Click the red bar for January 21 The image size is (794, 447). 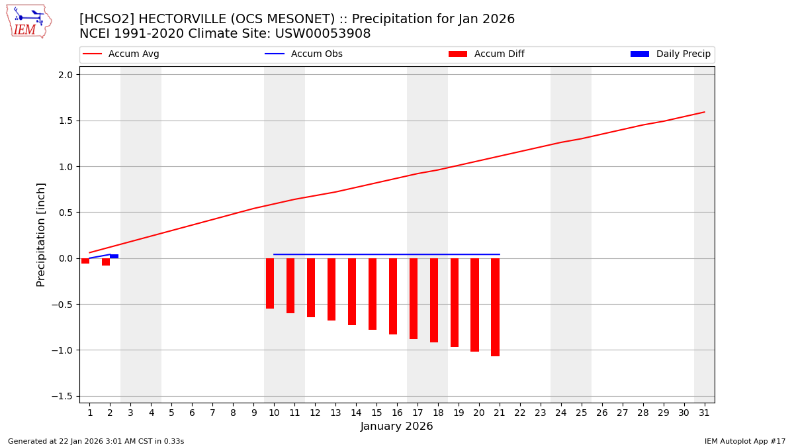(495, 307)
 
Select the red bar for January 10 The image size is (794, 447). (270, 283)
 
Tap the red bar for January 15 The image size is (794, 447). (373, 294)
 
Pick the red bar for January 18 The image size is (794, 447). (434, 300)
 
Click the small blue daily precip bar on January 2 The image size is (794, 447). (114, 256)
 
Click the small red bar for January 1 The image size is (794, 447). (85, 261)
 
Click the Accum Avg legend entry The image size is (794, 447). (121, 54)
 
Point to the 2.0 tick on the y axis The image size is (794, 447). (65, 75)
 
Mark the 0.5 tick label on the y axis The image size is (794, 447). (65, 213)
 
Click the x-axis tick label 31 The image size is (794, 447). (704, 413)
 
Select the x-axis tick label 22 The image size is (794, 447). (519, 413)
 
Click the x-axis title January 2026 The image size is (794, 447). (396, 426)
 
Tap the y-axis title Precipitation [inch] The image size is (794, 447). (41, 234)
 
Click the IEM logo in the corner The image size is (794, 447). (28, 21)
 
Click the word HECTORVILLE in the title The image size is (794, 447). (179, 19)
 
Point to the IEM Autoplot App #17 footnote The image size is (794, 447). (745, 441)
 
